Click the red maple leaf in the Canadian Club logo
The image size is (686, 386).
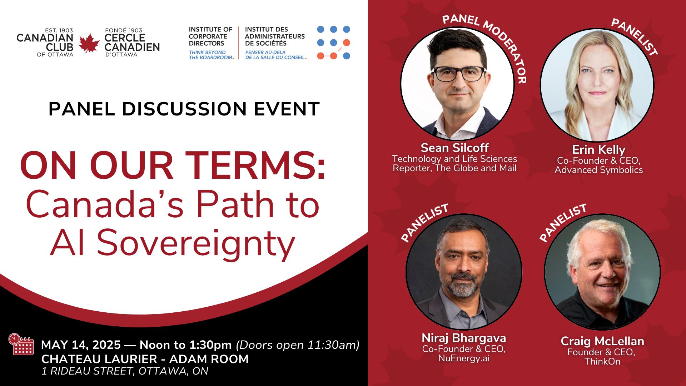tap(89, 43)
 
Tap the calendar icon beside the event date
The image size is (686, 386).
tap(21, 344)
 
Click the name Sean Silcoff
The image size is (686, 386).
tap(454, 148)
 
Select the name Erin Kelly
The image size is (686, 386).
tap(598, 149)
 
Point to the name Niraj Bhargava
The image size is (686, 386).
tap(464, 338)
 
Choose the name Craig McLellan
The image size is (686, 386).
tap(602, 341)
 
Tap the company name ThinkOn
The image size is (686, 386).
tap(602, 361)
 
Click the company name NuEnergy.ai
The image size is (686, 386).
tap(464, 358)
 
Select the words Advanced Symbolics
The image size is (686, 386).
tap(598, 170)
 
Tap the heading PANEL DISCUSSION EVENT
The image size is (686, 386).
tap(184, 109)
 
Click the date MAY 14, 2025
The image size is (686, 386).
tap(81, 345)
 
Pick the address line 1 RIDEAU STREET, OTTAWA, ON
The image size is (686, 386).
tap(125, 371)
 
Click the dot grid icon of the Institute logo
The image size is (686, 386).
tap(333, 43)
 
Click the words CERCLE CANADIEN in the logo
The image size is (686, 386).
tap(132, 43)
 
